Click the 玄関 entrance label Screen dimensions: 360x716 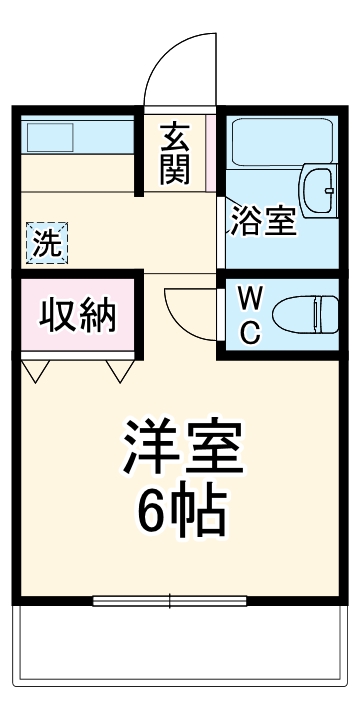click(174, 154)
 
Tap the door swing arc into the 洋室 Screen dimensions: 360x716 click(185, 310)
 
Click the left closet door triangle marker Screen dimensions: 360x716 click(38, 372)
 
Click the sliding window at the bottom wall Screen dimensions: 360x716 click(171, 600)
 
